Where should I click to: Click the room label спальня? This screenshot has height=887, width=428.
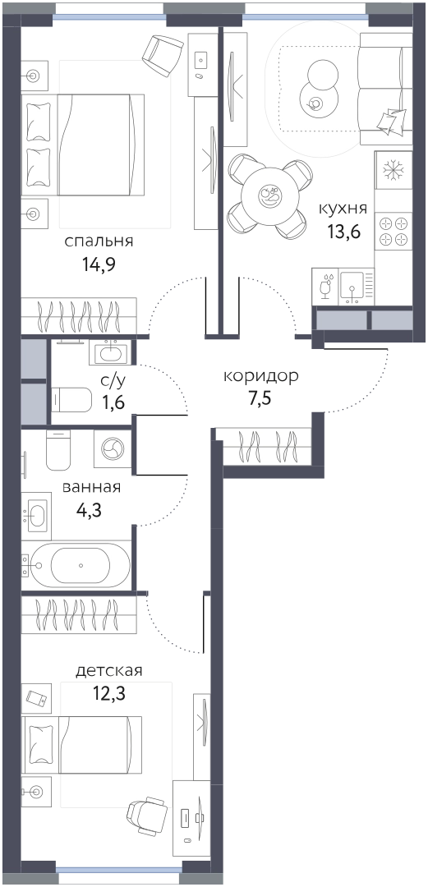[99, 242]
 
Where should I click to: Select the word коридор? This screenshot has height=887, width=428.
[261, 377]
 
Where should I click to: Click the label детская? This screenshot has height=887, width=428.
[108, 672]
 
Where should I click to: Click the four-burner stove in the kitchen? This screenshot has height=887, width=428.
[393, 231]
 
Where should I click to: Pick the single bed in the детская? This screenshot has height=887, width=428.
[82, 744]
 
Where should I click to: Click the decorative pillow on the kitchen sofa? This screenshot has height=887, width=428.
[389, 120]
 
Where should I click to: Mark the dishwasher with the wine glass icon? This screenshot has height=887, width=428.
[325, 287]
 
